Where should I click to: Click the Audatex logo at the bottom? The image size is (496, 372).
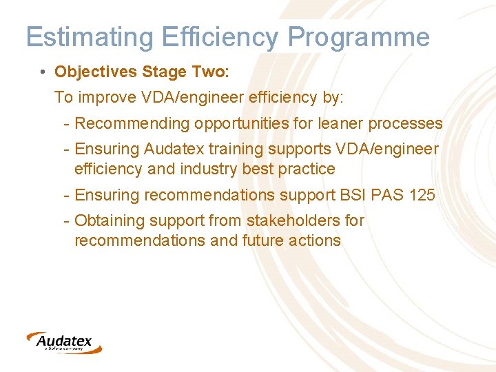click(x=63, y=342)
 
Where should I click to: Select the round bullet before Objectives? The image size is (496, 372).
click(x=43, y=72)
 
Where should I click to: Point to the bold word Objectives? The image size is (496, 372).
click(x=96, y=72)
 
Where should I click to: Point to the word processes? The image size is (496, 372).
click(x=406, y=124)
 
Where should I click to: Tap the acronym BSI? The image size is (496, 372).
click(x=354, y=195)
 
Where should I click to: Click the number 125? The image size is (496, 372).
click(x=422, y=195)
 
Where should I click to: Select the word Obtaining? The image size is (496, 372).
click(x=106, y=221)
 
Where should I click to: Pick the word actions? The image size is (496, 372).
click(x=316, y=240)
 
